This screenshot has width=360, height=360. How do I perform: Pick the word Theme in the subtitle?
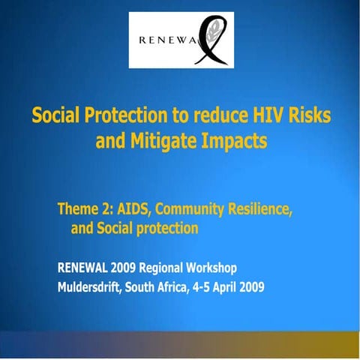pos(79,211)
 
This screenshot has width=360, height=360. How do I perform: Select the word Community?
pos(194,211)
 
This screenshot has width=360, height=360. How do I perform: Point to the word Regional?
pos(172,268)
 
